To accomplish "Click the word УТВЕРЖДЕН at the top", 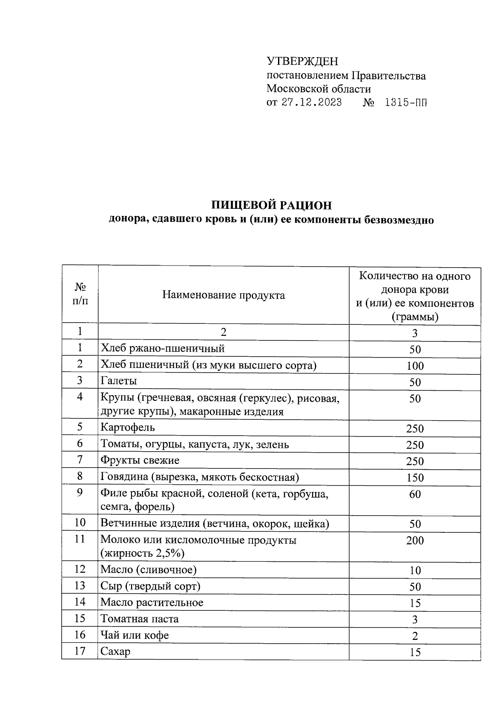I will point(302,61).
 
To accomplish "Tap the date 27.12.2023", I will point(311,103).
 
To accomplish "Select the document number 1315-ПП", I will point(406,103).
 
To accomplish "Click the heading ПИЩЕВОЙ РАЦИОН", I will point(271,205).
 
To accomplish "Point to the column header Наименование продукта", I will point(223,295).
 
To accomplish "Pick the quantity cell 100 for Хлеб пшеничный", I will point(415,366).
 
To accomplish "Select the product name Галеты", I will point(119,381).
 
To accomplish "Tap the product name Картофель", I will point(128,427).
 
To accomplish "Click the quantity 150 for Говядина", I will point(415,478).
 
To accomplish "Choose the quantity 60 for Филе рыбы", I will point(415,494).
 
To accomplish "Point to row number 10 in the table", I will point(80,523).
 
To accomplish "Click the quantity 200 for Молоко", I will point(415,540).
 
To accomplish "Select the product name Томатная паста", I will point(139,619).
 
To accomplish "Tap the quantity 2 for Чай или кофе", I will point(415,636).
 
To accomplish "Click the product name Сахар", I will point(115,651).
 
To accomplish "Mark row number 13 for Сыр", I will point(80,586).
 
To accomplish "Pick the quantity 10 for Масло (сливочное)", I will point(415,571).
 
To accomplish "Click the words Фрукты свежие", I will point(140,460).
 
